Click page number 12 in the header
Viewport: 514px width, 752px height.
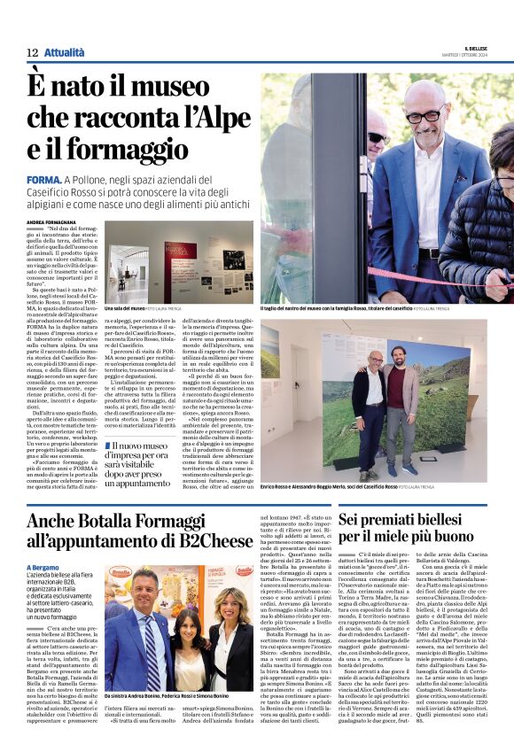(31, 53)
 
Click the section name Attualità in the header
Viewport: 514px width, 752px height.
(64, 53)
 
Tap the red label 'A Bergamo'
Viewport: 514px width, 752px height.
(43, 568)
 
